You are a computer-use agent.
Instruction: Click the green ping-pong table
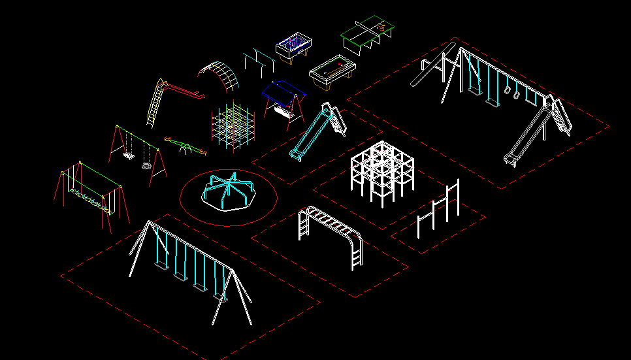click(x=368, y=31)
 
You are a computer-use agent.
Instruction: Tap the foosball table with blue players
click(x=295, y=48)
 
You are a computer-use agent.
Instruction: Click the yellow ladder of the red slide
click(x=155, y=102)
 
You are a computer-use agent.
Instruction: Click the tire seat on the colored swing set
click(x=147, y=165)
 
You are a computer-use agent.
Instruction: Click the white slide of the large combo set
click(x=526, y=138)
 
